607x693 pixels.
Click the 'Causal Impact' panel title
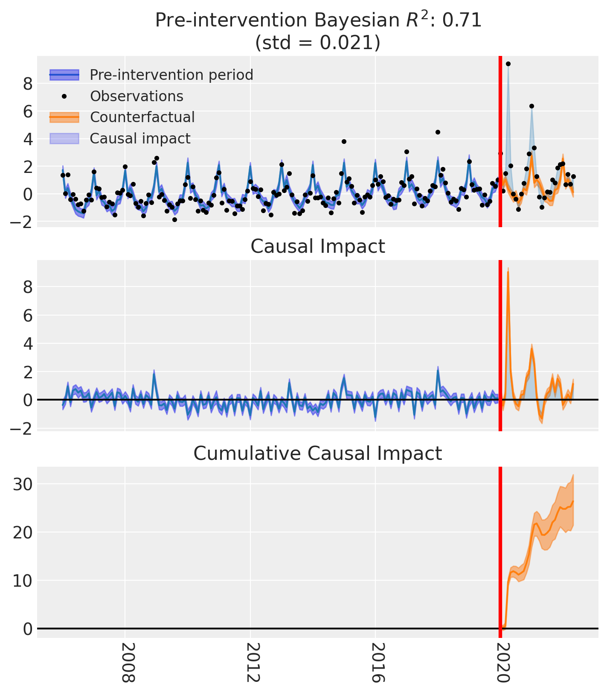point(318,247)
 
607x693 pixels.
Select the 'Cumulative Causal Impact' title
point(318,453)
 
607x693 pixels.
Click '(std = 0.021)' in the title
point(318,43)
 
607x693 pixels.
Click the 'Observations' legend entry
point(137,96)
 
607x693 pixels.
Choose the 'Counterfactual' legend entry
point(142,117)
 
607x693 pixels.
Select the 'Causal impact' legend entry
point(140,138)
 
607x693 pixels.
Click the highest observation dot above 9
point(508,64)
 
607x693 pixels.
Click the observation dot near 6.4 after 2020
point(531,106)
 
